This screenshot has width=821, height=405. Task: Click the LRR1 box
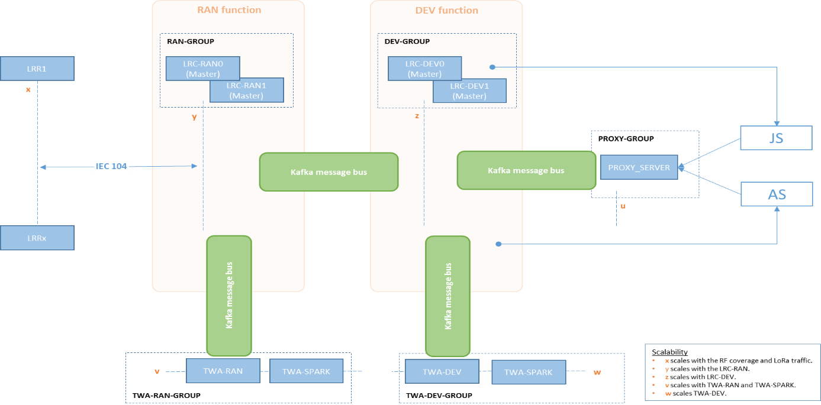[x=37, y=69]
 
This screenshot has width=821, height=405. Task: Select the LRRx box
[x=37, y=238]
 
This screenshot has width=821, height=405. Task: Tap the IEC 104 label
[x=111, y=166]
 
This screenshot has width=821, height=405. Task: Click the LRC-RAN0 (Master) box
[x=202, y=69]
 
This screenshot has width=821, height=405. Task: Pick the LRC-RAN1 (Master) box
[x=246, y=90]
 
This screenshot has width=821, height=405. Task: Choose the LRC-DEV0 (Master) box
[x=424, y=69]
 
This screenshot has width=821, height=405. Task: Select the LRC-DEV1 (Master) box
[x=469, y=90]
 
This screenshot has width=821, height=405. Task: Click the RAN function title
[x=228, y=10]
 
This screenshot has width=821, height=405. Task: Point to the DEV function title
[x=447, y=10]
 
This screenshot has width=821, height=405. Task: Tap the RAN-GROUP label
[x=190, y=41]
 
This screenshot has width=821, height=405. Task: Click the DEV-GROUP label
[x=407, y=41]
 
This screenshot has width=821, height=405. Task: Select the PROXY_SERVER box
[x=639, y=167]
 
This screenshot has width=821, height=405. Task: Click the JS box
[x=776, y=138]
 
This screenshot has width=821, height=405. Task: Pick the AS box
[x=776, y=194]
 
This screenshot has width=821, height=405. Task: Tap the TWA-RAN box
[x=223, y=371]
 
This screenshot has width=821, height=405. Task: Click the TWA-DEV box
[x=442, y=371]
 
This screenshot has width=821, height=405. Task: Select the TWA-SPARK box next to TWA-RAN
[x=306, y=371]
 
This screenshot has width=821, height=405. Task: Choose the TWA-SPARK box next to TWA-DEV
[x=528, y=372]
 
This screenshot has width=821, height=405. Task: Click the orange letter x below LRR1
[x=28, y=90]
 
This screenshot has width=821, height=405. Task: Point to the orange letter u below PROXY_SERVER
[x=622, y=206]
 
